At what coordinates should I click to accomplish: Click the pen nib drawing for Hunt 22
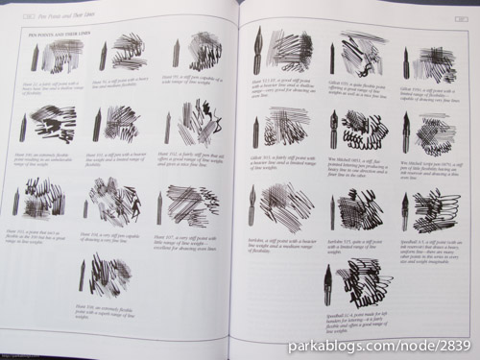pyautogui.click(x=35, y=58)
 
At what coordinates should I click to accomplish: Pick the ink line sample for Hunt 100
pyautogui.click(x=54, y=122)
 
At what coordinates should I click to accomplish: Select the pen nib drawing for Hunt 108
pyautogui.click(x=83, y=275)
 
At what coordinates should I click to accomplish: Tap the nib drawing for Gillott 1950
pyautogui.click(x=406, y=63)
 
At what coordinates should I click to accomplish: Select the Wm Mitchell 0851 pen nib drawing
pyautogui.click(x=333, y=130)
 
